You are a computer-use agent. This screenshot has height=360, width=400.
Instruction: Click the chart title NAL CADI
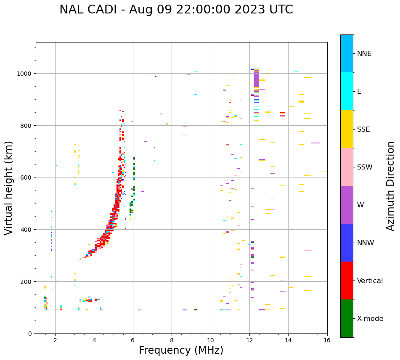point(176,10)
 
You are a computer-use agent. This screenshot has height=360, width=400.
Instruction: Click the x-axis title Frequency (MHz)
point(181,350)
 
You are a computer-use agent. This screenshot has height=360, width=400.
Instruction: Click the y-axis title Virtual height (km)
point(9,188)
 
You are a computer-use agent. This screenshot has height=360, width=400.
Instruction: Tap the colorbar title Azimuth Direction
point(390,186)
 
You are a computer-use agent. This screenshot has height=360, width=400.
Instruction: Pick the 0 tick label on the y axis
point(29,334)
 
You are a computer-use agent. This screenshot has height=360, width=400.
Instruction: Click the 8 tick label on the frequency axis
point(172,341)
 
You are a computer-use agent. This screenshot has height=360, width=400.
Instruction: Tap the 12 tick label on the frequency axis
point(249,341)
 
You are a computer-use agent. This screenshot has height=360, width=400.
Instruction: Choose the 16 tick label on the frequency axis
point(327,341)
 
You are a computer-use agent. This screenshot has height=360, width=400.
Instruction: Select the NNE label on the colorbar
point(364,54)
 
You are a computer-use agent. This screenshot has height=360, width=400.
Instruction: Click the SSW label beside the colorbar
point(365,167)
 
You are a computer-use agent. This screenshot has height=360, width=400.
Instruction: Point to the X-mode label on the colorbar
point(370,319)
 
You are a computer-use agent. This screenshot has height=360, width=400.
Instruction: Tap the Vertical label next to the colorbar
point(370,281)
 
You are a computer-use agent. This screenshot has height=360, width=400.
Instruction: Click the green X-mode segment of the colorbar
point(347,318)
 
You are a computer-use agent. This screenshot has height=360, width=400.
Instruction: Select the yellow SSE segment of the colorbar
point(347,129)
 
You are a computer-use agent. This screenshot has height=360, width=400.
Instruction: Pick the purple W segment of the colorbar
point(347,205)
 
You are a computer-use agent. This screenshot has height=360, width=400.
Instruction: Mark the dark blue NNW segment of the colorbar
point(347,243)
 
